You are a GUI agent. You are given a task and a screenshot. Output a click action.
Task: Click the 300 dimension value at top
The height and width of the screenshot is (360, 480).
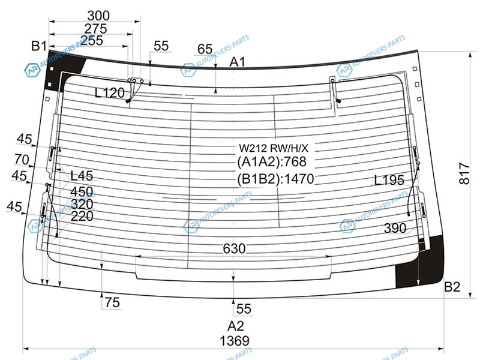(x=98, y=16)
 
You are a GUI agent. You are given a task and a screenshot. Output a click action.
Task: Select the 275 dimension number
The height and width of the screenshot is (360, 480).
(x=95, y=29)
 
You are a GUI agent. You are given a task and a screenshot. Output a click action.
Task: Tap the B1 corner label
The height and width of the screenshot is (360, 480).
(x=39, y=46)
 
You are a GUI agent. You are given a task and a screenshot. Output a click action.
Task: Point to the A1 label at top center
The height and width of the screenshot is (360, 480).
(x=237, y=62)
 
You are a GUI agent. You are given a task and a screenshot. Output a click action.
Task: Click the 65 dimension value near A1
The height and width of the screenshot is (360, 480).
(x=205, y=49)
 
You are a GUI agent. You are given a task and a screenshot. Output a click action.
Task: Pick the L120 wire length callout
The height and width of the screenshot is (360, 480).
(x=110, y=93)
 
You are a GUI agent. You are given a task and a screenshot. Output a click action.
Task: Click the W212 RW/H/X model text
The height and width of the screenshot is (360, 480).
(x=274, y=148)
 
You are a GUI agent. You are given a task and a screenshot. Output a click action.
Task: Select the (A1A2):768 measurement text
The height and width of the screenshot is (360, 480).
(x=272, y=161)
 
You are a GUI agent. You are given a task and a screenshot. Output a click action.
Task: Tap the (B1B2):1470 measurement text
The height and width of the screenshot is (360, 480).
(x=275, y=179)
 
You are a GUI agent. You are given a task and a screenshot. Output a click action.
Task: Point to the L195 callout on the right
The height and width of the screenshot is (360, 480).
(x=389, y=181)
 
